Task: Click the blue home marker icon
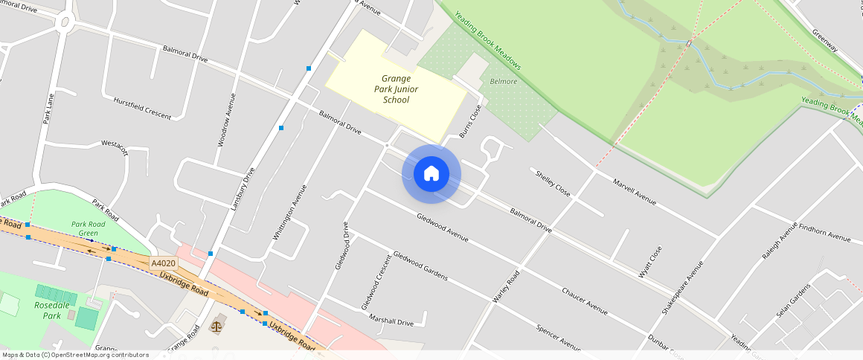[431, 174]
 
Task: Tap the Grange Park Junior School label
[396, 89]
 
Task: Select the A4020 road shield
[164, 263]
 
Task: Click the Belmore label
[504, 81]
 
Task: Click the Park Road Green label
[89, 228]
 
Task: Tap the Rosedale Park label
[47, 310]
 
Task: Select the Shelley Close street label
[553, 182]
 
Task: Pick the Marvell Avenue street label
[634, 191]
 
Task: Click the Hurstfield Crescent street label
[142, 108]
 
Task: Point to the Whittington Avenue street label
[289, 212]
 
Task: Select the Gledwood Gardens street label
[420, 266]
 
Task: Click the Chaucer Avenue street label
[584, 300]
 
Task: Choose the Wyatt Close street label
[649, 263]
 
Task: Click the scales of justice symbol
[216, 325]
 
